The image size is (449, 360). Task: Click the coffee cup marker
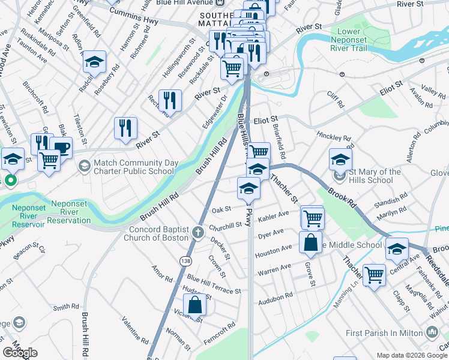60,147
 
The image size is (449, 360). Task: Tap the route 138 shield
187,260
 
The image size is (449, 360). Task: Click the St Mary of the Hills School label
375,176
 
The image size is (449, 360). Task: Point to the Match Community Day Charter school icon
84,164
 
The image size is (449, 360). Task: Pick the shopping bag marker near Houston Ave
310,242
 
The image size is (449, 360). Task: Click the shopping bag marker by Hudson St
195,304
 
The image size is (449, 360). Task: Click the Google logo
20,353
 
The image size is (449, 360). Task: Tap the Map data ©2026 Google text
411,355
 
